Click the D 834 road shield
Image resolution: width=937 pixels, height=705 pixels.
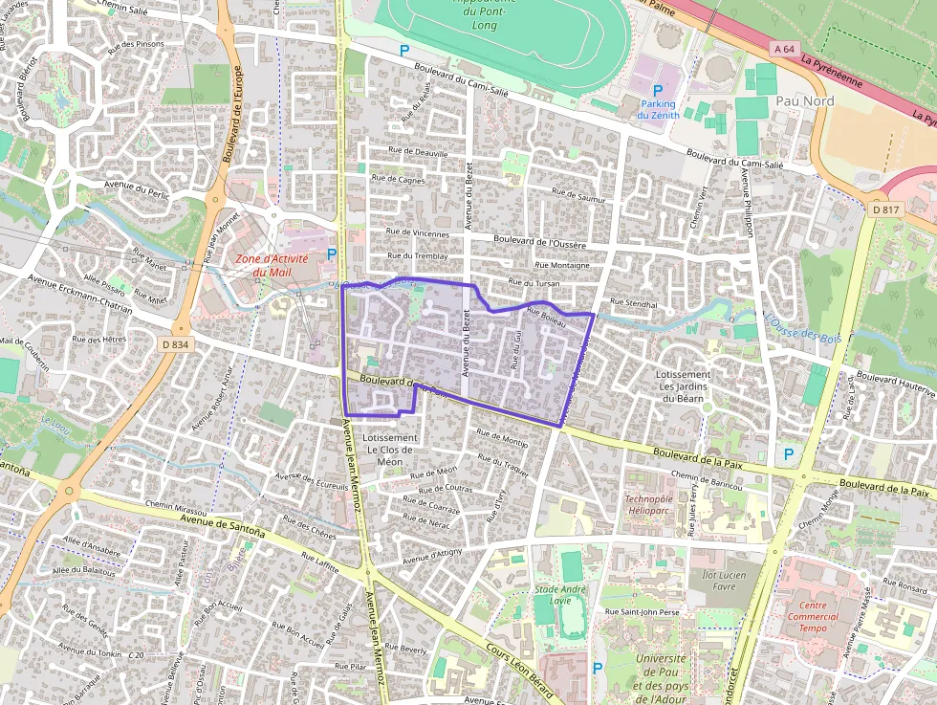pos(175,343)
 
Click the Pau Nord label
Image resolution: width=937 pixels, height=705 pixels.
pos(805,100)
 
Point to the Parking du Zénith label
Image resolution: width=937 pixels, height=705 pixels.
pos(658,109)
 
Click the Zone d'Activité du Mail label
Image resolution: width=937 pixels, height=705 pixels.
pos(272,265)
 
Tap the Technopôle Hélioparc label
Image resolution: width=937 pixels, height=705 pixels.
pos(655,504)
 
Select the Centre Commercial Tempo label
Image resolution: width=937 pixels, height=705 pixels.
pos(826,617)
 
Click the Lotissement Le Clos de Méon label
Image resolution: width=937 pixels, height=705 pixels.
pos(390,450)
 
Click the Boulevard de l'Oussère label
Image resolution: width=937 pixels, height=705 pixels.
pos(541,240)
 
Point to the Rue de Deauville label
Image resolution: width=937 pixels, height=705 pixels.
pos(417,151)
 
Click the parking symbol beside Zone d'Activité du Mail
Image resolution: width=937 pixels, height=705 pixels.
pos(332,253)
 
